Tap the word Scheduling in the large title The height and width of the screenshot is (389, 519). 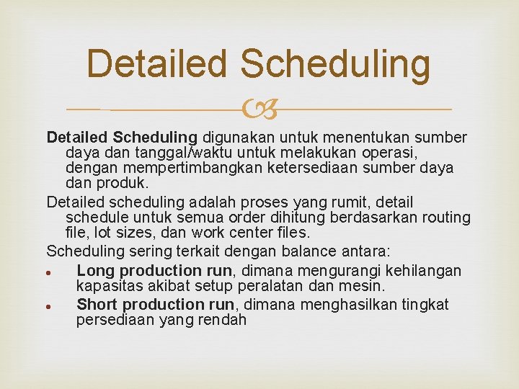click(x=336, y=65)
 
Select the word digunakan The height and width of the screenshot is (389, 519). click(x=236, y=137)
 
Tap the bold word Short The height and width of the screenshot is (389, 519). click(x=99, y=304)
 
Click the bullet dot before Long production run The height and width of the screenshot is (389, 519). click(x=47, y=272)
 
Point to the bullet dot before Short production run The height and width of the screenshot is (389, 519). click(x=47, y=305)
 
